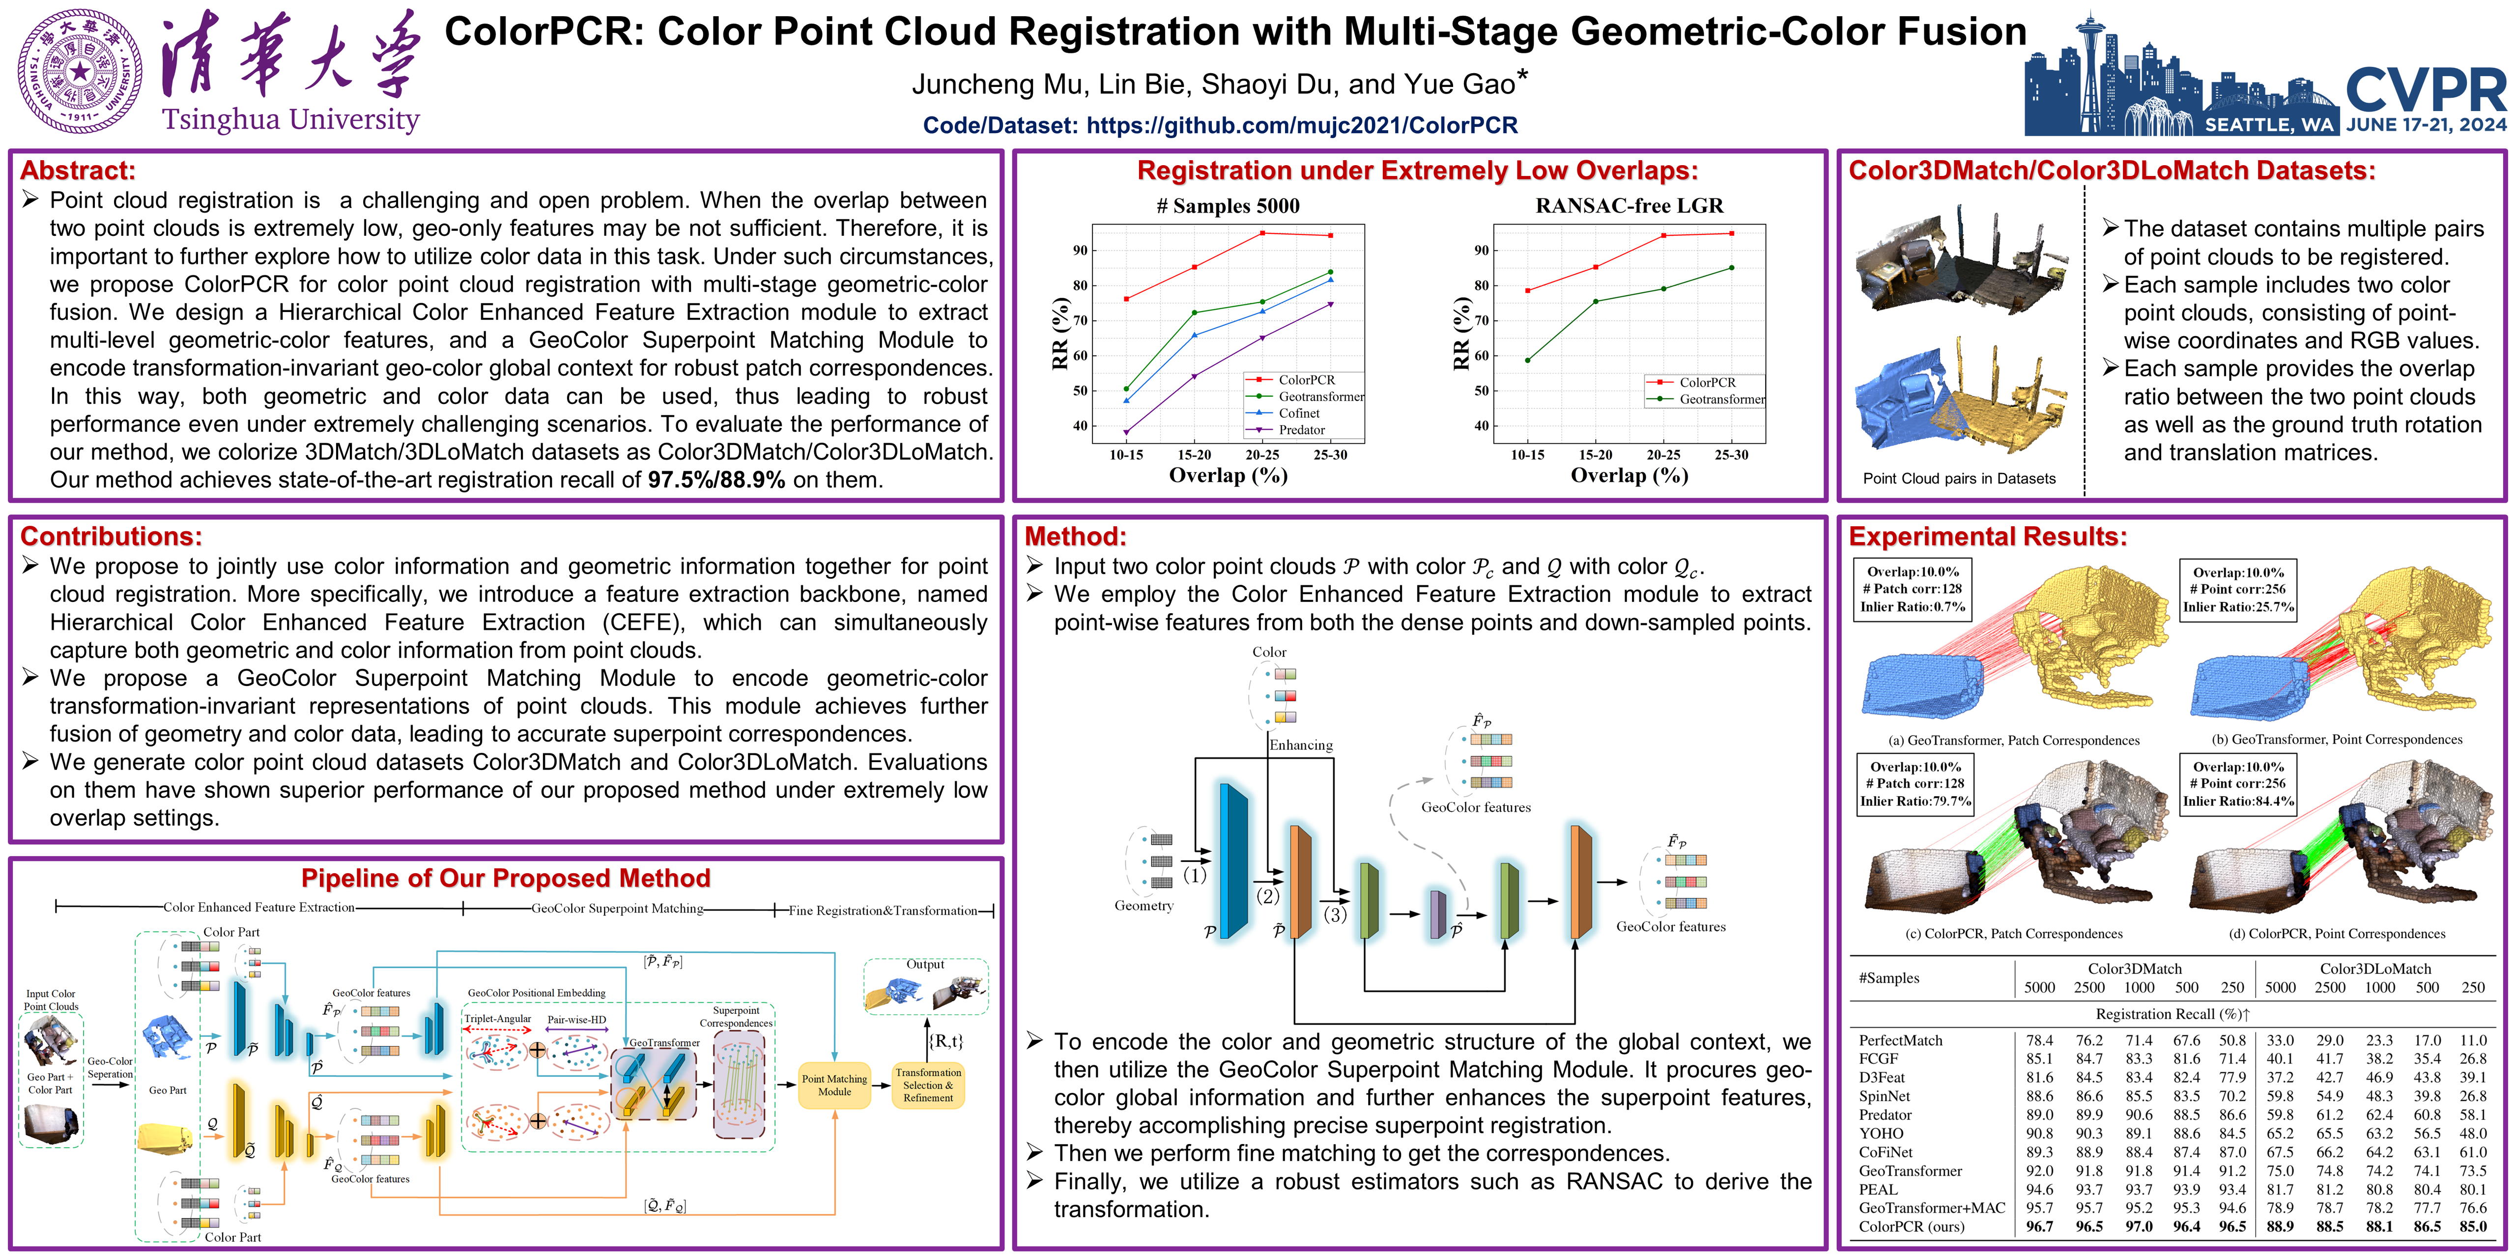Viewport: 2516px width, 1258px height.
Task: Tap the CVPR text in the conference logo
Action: pos(2425,90)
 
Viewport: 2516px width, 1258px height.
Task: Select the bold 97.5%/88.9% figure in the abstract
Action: pos(716,480)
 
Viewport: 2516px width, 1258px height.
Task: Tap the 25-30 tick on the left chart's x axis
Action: pos(1329,454)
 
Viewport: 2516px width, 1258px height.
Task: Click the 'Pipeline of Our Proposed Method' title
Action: pos(505,878)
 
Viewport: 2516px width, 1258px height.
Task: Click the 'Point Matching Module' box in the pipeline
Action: pos(834,1085)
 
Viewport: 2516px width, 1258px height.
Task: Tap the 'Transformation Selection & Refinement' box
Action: pos(928,1085)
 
